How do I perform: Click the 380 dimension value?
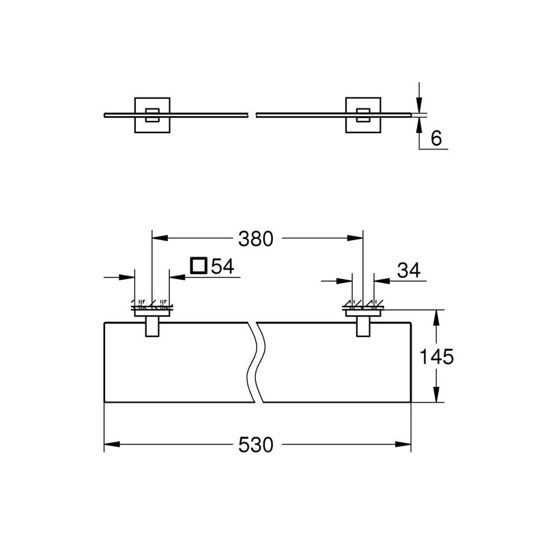(255, 239)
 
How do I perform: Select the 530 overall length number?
(255, 445)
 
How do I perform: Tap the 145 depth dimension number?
(437, 357)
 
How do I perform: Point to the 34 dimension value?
(409, 270)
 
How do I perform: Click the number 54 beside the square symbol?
(223, 266)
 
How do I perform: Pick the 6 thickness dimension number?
(436, 139)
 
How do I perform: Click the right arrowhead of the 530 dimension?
(403, 445)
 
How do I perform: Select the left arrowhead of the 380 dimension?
(160, 238)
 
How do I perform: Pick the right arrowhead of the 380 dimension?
(355, 238)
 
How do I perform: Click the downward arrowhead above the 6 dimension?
(419, 105)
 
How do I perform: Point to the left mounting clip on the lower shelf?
(152, 326)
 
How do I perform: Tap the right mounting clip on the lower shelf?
(363, 326)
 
